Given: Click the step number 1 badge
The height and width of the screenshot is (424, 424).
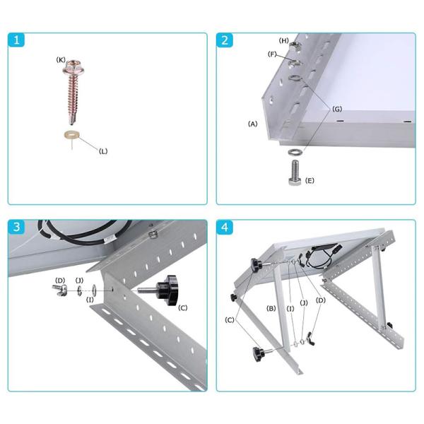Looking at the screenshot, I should click(18, 40).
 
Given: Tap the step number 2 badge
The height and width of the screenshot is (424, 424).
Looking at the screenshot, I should click(225, 40).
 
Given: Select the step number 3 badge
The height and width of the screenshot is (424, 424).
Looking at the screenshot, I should click(18, 228).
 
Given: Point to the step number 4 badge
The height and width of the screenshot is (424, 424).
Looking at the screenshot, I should click(225, 228).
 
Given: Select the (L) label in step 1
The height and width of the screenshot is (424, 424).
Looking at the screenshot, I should click(103, 151).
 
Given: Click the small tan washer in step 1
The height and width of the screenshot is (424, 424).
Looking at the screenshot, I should click(71, 134).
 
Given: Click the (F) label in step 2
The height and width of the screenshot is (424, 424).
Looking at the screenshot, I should click(272, 54).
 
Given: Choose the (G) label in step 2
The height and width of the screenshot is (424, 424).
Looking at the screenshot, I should click(337, 110).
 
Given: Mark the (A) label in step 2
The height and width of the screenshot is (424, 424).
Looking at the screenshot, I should click(252, 124).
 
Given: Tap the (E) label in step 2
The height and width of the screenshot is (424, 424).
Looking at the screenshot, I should click(309, 181).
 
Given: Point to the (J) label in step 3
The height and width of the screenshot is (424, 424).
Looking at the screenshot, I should click(79, 281).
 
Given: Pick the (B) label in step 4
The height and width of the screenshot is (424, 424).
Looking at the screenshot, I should click(271, 308).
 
